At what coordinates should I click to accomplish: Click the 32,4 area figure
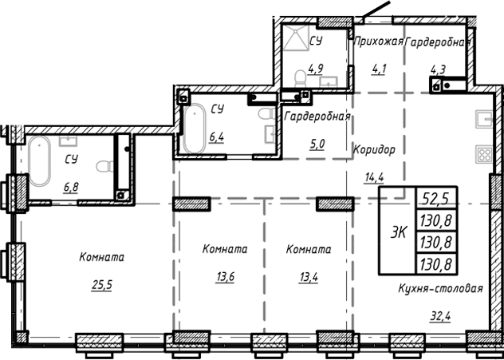440,317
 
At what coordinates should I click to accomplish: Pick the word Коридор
373,148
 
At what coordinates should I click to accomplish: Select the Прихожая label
378,41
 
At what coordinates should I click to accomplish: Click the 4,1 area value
378,68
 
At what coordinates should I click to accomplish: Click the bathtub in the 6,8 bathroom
40,161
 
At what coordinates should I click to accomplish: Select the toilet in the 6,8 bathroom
101,168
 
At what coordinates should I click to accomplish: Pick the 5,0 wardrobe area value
317,144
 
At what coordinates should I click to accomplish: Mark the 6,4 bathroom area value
215,137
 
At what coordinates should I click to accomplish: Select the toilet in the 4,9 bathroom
300,78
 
